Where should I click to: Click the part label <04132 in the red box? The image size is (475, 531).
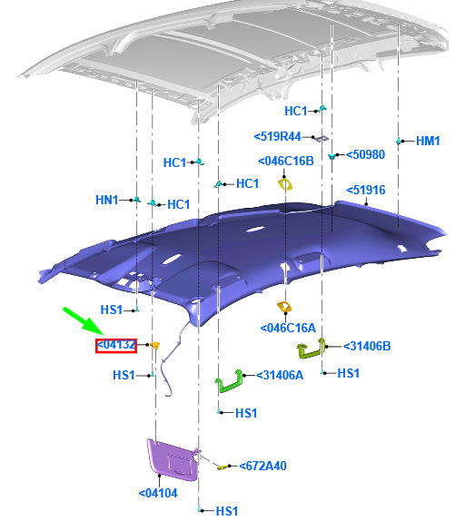[116, 345]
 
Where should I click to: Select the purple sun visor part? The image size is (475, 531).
[173, 459]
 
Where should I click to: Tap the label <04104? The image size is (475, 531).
[158, 493]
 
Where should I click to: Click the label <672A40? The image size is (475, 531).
[262, 466]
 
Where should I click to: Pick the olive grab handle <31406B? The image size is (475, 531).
[311, 349]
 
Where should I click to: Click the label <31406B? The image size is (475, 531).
[367, 346]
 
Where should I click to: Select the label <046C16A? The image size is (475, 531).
[288, 328]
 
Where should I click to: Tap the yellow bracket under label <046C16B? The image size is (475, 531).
[285, 184]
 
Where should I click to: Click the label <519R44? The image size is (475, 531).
[278, 136]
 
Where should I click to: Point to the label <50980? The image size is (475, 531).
[366, 154]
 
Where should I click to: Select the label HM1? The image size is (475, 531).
[428, 141]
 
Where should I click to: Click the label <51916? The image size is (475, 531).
[366, 190]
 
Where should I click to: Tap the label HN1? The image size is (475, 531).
[107, 200]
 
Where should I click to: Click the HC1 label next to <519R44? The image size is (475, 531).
[296, 111]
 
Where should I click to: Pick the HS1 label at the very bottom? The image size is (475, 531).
[227, 511]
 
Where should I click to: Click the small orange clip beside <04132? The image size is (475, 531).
[154, 345]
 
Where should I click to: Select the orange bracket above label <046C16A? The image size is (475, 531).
[284, 307]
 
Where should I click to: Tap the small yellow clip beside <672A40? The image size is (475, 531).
[222, 467]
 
